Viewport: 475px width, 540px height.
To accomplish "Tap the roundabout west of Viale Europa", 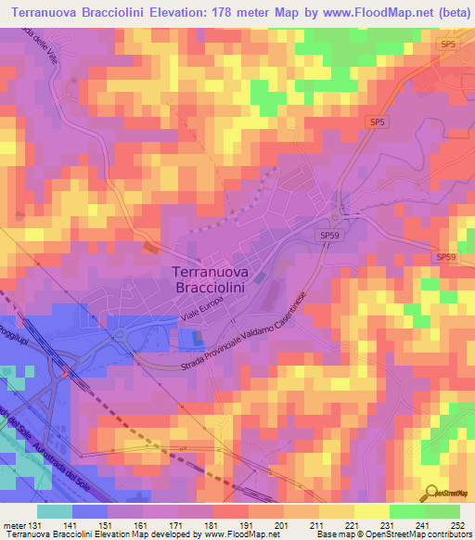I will coord(120,333).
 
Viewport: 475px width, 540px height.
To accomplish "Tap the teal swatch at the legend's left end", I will coord(55,512).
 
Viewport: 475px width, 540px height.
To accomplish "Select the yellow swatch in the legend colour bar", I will coord(371,512).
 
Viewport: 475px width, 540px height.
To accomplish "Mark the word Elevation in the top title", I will coord(192,10).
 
